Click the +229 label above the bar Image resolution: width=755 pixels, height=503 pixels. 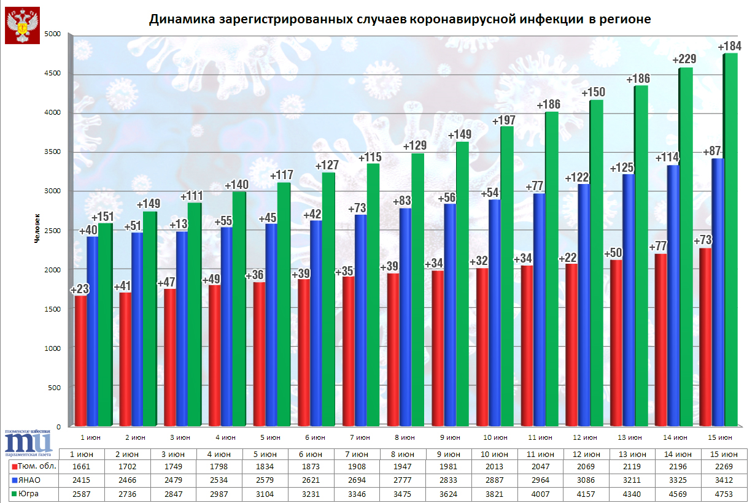tap(685, 60)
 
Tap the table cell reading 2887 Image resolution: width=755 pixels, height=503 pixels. tap(496, 481)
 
